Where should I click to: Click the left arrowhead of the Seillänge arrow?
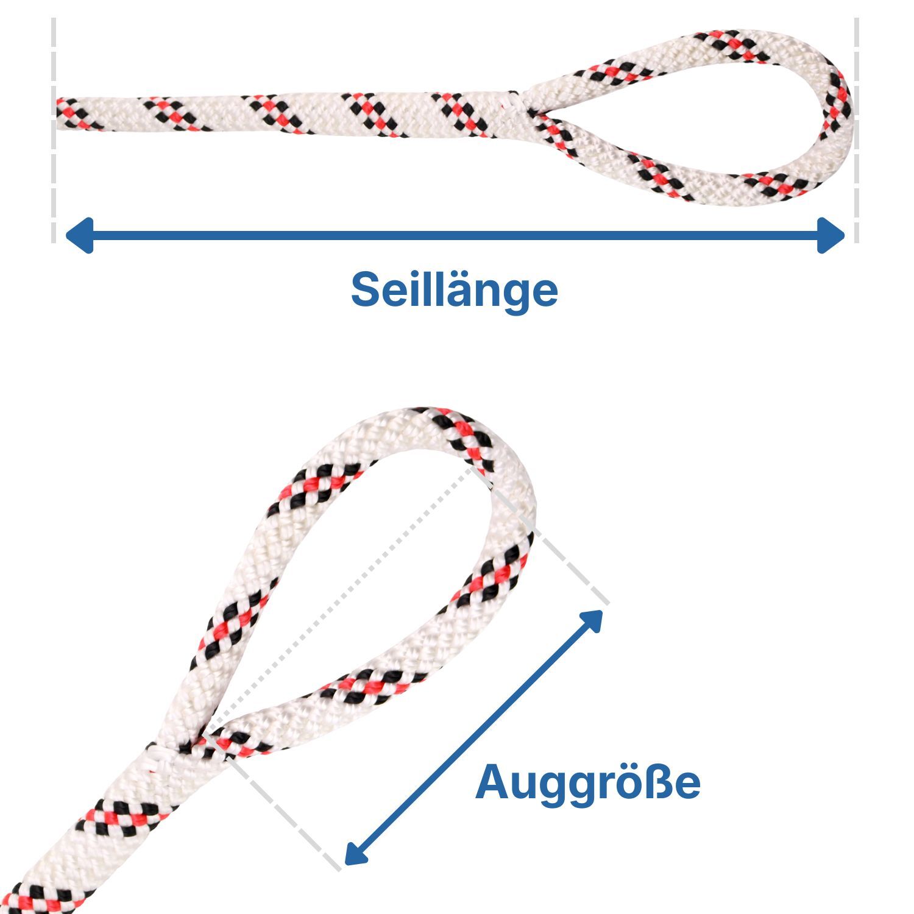tap(79, 235)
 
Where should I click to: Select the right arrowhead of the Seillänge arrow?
tap(831, 235)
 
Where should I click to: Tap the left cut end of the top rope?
tap(59, 113)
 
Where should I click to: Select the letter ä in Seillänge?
tap(442, 289)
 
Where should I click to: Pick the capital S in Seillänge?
tap(366, 289)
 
